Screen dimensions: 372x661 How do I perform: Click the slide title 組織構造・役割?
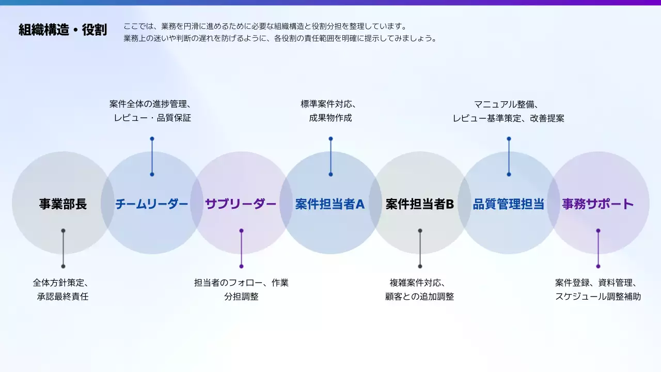(x=62, y=30)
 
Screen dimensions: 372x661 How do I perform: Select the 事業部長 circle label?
(x=63, y=204)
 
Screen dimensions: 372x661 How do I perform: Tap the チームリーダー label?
(x=152, y=204)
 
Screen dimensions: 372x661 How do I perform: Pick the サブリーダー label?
(x=241, y=204)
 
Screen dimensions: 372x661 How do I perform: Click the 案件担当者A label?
(x=330, y=204)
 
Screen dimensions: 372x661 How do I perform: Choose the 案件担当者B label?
(x=420, y=204)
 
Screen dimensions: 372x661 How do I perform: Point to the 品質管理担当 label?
(x=509, y=204)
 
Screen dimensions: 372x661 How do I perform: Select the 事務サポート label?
(x=598, y=204)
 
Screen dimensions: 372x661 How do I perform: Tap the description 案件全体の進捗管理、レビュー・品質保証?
(x=152, y=111)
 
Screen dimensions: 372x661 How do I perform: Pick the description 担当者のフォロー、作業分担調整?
(x=241, y=290)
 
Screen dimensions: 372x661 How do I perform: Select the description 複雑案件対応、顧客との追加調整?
(x=420, y=290)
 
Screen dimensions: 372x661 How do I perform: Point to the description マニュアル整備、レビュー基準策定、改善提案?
(x=509, y=111)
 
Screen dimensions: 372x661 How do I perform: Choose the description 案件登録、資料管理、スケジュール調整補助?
(x=598, y=290)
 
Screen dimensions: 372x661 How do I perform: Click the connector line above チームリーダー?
(x=152, y=157)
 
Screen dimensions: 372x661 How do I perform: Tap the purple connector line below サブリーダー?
(x=241, y=249)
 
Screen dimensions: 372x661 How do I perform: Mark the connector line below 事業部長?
(x=63, y=249)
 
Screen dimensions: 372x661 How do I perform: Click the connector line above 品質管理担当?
(x=509, y=157)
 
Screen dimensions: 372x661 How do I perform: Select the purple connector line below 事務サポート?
(x=598, y=249)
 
